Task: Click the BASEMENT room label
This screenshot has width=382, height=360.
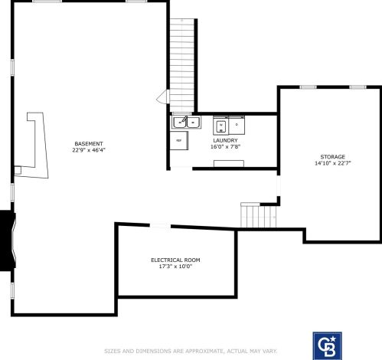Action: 89,144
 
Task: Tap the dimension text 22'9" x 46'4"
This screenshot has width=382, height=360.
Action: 89,150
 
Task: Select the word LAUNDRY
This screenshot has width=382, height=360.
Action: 225,140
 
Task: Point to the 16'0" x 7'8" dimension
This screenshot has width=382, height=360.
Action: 225,147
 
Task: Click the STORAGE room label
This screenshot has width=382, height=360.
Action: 333,157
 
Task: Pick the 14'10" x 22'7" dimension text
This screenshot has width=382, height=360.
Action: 333,163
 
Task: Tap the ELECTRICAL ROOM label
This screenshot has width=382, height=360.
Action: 175,260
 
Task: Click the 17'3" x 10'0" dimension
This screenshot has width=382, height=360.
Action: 175,267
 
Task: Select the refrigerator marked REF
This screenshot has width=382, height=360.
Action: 179,140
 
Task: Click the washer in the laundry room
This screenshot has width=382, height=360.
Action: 221,126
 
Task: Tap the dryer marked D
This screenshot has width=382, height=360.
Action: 237,126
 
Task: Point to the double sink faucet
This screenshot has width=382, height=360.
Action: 185,119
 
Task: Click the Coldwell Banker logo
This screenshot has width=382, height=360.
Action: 328,346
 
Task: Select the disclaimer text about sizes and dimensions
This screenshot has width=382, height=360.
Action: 191,352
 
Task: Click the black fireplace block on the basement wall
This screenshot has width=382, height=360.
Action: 8,241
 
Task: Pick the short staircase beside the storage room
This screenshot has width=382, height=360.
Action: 259,215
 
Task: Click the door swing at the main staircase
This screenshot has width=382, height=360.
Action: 162,97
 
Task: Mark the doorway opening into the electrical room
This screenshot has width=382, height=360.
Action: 160,225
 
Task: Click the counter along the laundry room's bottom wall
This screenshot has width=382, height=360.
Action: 229,164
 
